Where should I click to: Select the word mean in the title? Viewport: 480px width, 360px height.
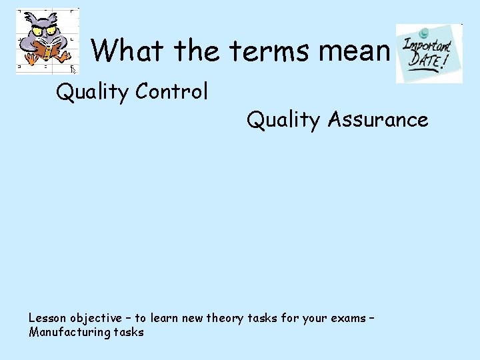pos(358,51)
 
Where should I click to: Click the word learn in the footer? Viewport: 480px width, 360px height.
pos(164,318)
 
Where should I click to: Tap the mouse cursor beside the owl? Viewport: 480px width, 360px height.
pos(74,69)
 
